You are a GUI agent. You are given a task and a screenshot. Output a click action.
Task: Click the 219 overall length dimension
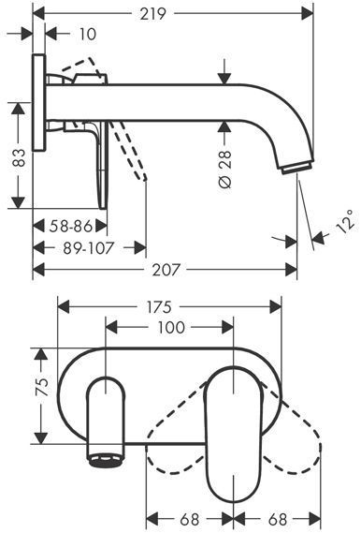[x=153, y=14]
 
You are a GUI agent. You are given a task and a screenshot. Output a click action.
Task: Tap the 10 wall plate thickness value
[x=88, y=35]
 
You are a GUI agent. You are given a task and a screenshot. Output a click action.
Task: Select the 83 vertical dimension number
[x=19, y=157]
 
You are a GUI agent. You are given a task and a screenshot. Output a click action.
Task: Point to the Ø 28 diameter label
[x=224, y=169]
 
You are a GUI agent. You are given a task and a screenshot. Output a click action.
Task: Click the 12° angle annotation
[x=346, y=221]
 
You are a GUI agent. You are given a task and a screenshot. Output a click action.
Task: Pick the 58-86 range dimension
[x=71, y=226]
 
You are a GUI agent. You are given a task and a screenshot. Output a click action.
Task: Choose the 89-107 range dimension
[x=88, y=248]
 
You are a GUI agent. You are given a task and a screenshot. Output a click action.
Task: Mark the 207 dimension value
[x=165, y=270]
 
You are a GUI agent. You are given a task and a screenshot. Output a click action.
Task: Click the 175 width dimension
[x=159, y=307]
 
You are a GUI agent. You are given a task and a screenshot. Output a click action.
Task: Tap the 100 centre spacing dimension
[x=171, y=327]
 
